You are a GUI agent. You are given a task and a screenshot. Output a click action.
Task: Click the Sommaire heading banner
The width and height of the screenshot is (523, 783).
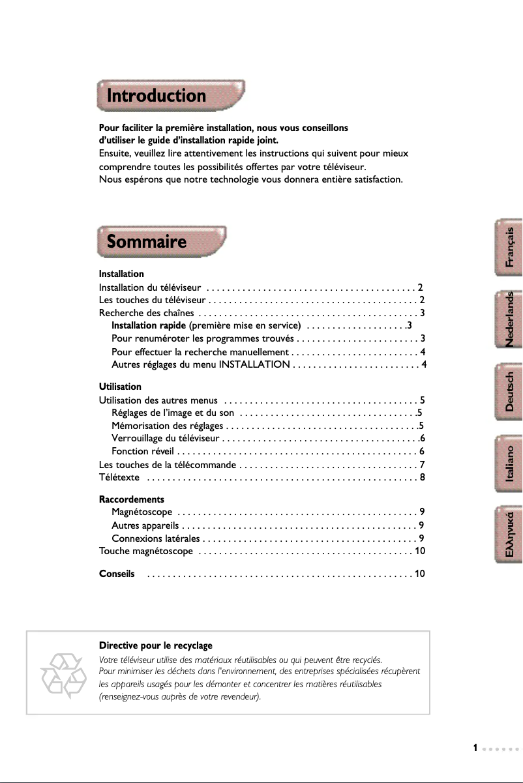(161, 243)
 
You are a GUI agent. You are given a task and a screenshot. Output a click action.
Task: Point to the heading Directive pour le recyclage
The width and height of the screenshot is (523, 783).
(155, 645)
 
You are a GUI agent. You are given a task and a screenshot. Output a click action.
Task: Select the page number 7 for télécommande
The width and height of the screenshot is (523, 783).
(423, 464)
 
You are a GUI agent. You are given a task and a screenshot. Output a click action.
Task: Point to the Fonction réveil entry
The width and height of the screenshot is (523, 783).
(142, 451)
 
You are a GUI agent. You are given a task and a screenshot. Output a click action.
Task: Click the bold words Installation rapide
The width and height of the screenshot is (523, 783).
(149, 325)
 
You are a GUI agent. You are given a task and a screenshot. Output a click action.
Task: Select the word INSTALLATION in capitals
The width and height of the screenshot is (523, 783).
(254, 364)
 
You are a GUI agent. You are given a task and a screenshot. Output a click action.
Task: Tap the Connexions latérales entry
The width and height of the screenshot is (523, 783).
(156, 538)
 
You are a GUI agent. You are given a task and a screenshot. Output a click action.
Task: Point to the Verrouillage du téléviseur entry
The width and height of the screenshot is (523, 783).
(166, 438)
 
